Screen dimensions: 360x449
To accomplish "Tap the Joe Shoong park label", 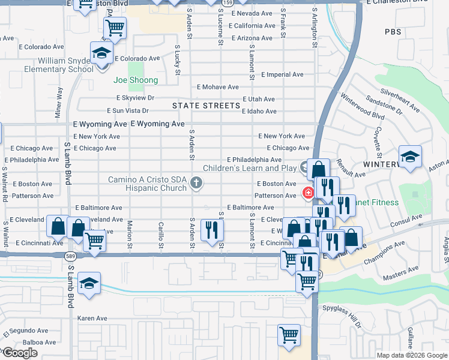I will (x=136, y=80).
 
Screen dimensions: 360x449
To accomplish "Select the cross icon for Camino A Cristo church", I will (x=196, y=182).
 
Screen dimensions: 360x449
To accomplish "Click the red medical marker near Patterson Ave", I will (x=308, y=193).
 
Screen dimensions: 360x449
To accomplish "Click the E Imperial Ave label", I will (x=282, y=74).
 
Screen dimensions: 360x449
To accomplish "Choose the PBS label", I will (x=393, y=32).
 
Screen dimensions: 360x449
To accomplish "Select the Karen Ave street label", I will (x=92, y=318).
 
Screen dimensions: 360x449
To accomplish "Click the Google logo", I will (x=20, y=353).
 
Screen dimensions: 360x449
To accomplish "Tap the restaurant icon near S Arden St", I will (x=212, y=230).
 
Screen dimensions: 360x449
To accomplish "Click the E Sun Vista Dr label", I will (x=128, y=110).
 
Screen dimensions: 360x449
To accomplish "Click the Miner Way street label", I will (x=59, y=101).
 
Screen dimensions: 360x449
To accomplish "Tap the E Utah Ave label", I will (x=259, y=99).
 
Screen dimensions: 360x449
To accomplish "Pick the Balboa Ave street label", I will (x=23, y=342).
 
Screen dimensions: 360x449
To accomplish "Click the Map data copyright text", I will (x=411, y=355).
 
